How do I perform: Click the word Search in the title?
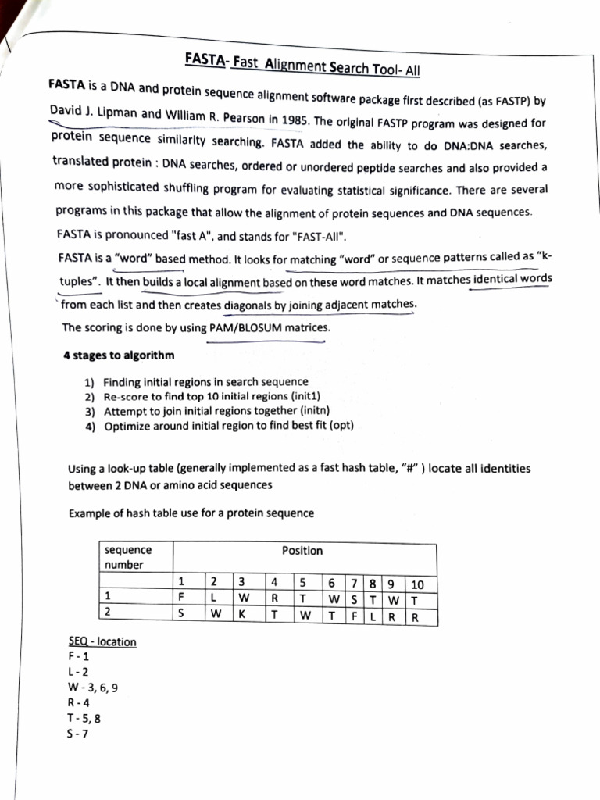pyautogui.click(x=350, y=66)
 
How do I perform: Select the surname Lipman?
pyautogui.click(x=117, y=113)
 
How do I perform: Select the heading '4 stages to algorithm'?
pyautogui.click(x=119, y=355)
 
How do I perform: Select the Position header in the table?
pyautogui.click(x=302, y=551)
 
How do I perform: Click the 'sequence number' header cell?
pyautogui.click(x=128, y=557)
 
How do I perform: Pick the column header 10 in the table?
pyautogui.click(x=417, y=584)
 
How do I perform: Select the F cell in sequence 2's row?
pyautogui.click(x=354, y=616)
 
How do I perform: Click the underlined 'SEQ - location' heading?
pyautogui.click(x=102, y=642)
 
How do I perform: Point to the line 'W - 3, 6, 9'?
pyautogui.click(x=93, y=687)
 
